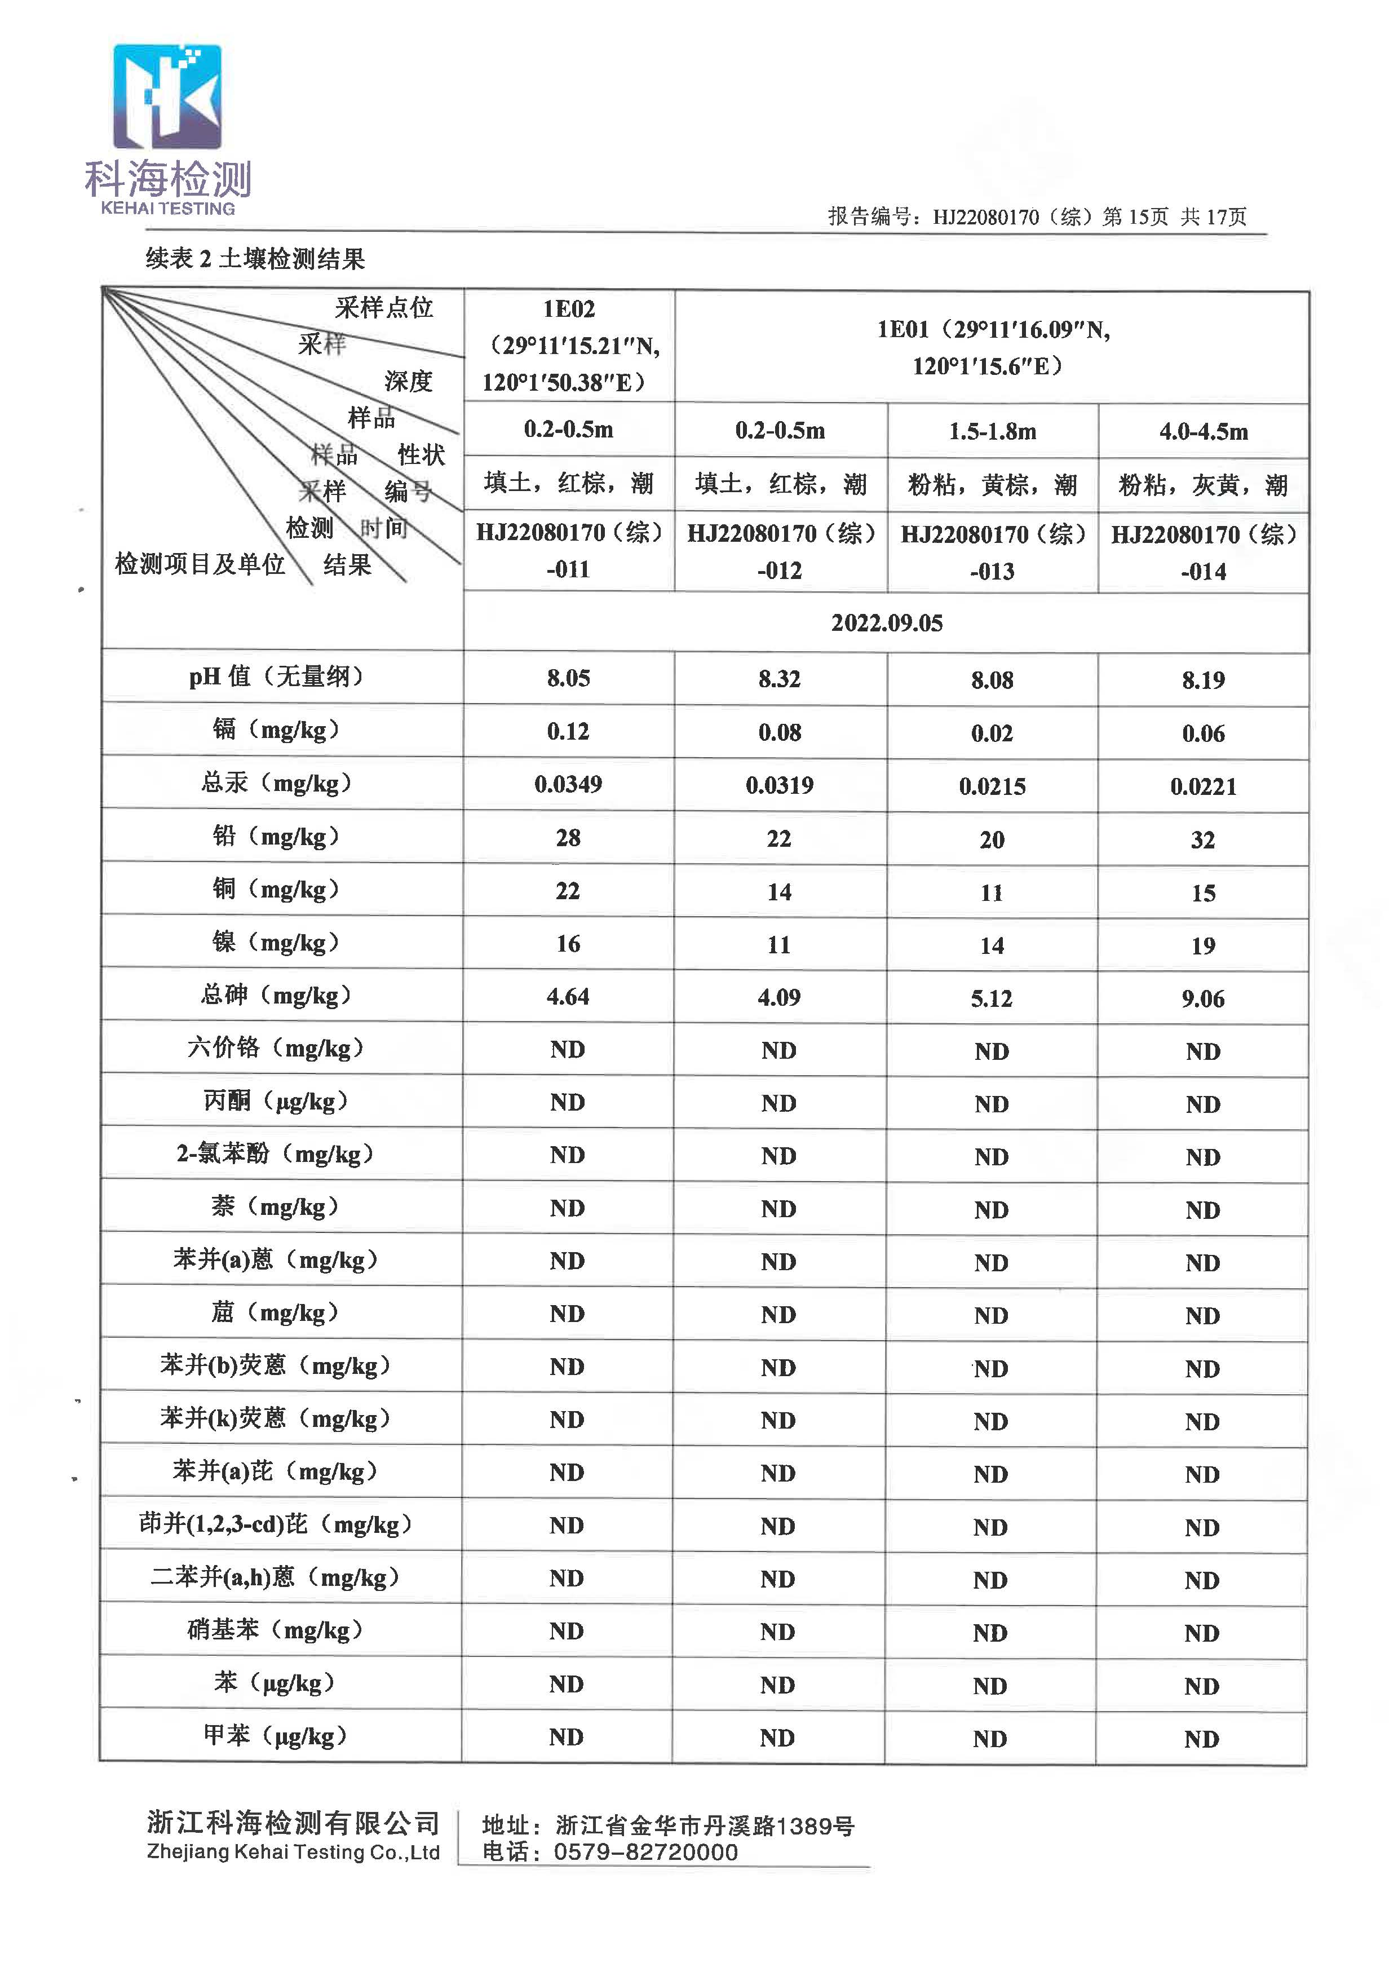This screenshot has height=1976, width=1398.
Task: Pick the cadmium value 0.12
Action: click(x=568, y=732)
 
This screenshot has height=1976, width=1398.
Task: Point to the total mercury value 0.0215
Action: click(x=992, y=786)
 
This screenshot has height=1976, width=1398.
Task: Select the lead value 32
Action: click(x=1202, y=839)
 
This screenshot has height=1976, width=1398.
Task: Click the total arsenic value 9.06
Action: click(x=1202, y=999)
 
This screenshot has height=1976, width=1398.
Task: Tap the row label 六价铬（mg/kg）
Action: click(x=276, y=1048)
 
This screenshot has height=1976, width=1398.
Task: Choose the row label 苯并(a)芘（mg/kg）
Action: click(x=276, y=1471)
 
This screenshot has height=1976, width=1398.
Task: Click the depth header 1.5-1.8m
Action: click(x=992, y=431)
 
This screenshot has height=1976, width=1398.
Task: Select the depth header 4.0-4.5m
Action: click(x=1202, y=431)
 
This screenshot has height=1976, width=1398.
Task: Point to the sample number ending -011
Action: click(x=568, y=569)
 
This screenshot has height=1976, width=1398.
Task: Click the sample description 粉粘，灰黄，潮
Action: click(x=1202, y=485)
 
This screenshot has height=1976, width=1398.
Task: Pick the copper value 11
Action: click(x=992, y=893)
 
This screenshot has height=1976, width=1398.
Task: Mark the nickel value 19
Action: click(x=1202, y=945)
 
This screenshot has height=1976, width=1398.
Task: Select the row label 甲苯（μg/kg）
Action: click(x=276, y=1736)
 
